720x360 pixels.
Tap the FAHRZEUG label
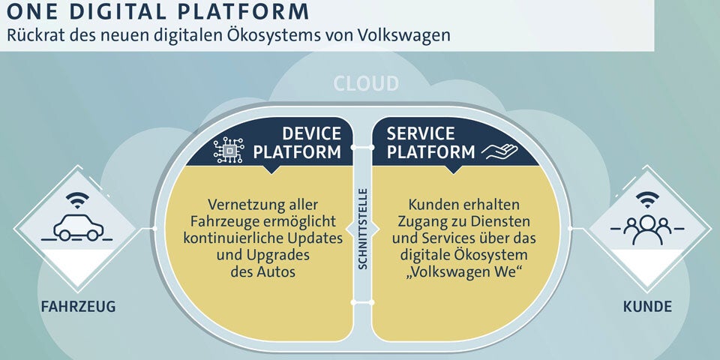78,307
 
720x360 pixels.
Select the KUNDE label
646,307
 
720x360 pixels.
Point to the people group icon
646,229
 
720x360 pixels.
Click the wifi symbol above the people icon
646,199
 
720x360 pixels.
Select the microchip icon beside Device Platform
229,149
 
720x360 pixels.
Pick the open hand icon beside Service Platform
499,152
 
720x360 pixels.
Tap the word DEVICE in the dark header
311,134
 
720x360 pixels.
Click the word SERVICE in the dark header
421,134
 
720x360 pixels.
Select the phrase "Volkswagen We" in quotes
465,271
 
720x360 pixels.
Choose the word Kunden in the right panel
430,204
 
